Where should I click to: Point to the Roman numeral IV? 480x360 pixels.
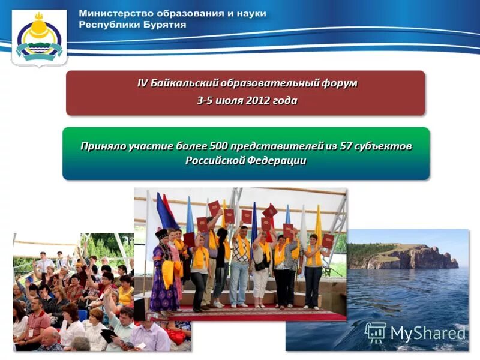[142, 83]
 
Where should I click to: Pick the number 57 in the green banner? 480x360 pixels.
[344, 146]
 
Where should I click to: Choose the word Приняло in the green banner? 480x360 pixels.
[101, 146]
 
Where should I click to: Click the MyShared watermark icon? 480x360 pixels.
[376, 332]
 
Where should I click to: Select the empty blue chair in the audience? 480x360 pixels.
[82, 314]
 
